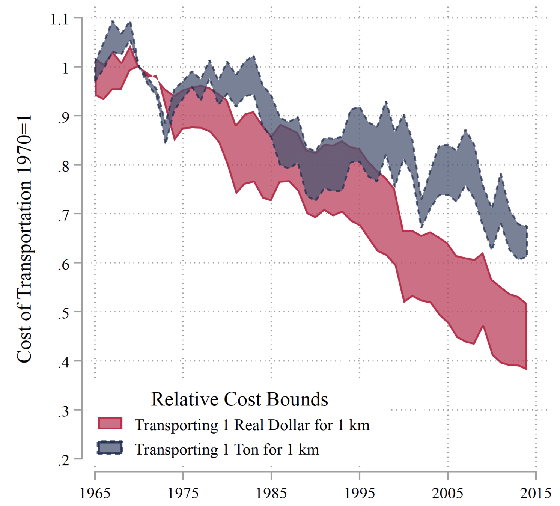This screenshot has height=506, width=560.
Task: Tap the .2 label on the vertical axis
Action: tap(64, 460)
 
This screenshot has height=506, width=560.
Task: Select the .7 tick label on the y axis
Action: tap(64, 215)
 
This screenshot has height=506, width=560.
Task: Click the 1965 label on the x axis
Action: tap(95, 493)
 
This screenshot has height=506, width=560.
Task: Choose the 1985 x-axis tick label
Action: tap(271, 493)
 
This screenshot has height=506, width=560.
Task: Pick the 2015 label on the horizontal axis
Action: tap(536, 493)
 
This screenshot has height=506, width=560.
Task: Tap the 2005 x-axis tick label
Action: tap(447, 493)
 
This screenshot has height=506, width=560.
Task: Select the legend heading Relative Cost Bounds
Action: tap(239, 399)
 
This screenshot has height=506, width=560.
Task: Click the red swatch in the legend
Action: tap(110, 423)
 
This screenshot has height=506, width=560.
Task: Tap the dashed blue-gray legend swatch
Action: tap(110, 448)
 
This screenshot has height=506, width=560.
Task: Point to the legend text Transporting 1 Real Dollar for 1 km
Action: tap(252, 425)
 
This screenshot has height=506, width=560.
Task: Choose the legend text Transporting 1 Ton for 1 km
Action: tap(227, 449)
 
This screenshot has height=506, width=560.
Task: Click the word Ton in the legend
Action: tap(246, 449)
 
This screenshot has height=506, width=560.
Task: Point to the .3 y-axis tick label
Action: tap(64, 411)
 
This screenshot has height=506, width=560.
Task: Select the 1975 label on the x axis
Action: tap(183, 493)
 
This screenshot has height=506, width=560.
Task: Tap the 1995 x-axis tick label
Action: tap(360, 493)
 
